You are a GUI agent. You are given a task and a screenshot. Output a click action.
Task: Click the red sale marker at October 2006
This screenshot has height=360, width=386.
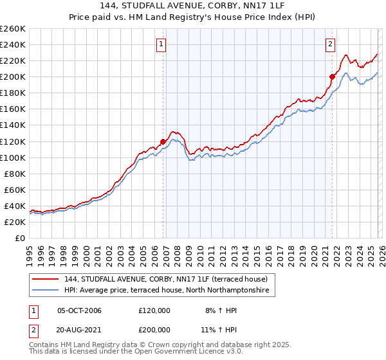pos(163,141)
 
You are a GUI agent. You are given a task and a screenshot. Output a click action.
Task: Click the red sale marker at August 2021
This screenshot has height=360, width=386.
pos(332,77)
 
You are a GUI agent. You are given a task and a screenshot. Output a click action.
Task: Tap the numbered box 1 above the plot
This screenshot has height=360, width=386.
pos(160,44)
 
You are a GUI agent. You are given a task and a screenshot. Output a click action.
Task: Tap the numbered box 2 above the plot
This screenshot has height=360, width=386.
pos(329,44)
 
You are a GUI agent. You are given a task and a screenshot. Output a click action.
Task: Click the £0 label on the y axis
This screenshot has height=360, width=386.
pos(19,238)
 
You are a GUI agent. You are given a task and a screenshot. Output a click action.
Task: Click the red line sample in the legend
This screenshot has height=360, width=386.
pos(46,279)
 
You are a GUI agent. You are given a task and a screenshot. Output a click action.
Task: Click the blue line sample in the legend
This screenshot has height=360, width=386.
pos(46,291)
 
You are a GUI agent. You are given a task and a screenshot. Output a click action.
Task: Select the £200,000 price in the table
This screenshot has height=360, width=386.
pos(154,328)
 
